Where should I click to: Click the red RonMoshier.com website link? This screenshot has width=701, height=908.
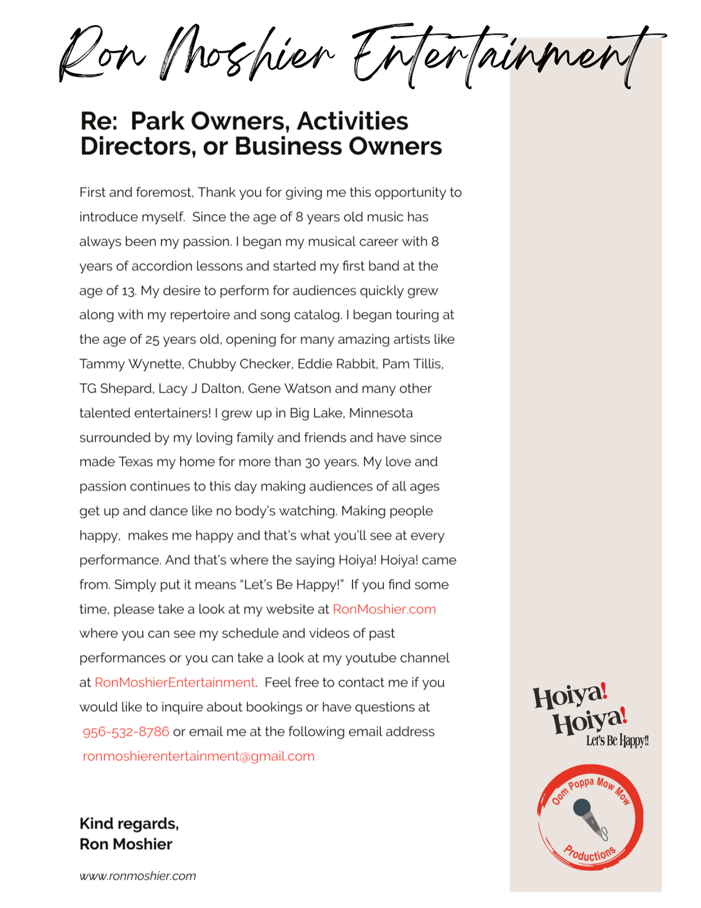(384, 609)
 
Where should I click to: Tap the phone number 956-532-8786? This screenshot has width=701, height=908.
(126, 732)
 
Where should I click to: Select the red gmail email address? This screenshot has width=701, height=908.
(199, 756)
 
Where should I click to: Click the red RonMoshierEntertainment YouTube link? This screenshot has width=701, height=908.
(175, 682)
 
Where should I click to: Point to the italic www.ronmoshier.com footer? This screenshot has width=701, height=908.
(138, 876)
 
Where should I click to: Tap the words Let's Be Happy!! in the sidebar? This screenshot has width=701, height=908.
(617, 741)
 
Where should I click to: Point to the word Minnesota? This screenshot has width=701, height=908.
(381, 413)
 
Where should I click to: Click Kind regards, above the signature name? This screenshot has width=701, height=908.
(129, 823)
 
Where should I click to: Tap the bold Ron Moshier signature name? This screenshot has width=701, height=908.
(125, 844)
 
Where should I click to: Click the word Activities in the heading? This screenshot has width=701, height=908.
(352, 121)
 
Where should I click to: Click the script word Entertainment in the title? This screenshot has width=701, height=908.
(499, 57)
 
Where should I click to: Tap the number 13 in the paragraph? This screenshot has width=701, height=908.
(129, 291)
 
